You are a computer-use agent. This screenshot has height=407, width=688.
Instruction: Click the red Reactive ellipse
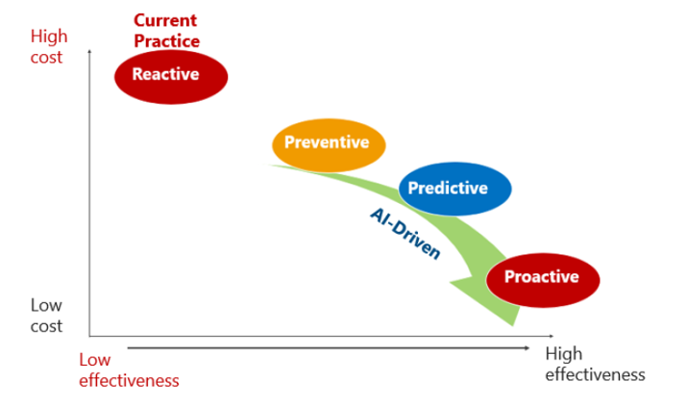point(171,77)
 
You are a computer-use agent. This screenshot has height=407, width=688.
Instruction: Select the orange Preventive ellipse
point(329,145)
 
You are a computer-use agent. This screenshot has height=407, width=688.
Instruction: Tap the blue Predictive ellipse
point(455,189)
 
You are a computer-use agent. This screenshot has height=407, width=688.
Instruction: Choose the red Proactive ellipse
point(543,280)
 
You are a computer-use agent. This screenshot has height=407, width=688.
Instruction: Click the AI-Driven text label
point(405,234)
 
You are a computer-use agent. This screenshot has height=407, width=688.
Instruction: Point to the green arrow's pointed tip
point(512,325)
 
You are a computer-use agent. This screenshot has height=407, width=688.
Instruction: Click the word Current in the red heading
point(165,20)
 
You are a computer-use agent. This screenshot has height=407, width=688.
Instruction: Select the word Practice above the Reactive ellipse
point(167,40)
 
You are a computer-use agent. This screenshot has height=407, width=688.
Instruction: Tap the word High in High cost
point(49,36)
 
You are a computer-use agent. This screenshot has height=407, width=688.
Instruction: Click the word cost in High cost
point(46,58)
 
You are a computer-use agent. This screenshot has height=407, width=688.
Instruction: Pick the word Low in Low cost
point(46,305)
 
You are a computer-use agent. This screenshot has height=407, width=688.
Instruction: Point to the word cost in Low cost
point(46,326)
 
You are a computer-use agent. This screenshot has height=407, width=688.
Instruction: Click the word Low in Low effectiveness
point(95,360)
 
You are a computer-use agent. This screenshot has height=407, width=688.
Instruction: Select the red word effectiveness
point(129,381)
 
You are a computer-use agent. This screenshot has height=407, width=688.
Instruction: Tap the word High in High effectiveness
point(564,354)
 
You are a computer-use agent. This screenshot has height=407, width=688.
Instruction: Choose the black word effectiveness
point(596,374)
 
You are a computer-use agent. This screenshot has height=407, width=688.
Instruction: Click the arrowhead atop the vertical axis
point(89,51)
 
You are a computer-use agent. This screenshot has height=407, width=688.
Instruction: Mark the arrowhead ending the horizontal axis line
point(552,336)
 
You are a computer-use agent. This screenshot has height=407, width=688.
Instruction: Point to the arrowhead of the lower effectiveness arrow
point(527,348)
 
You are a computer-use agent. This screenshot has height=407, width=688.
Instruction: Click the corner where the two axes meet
point(89,336)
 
